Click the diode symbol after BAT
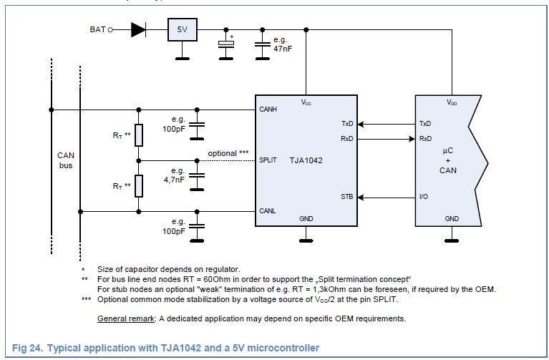click(138, 29)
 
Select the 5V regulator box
click(183, 29)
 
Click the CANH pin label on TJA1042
click(268, 110)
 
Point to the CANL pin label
click(268, 211)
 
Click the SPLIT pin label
click(268, 160)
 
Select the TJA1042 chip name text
click(306, 160)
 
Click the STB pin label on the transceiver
click(347, 196)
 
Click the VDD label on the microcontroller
click(452, 103)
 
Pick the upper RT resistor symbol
click(139, 135)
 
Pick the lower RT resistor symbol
click(139, 185)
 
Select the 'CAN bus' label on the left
click(66, 160)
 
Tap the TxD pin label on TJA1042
click(347, 124)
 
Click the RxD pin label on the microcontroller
click(425, 139)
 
